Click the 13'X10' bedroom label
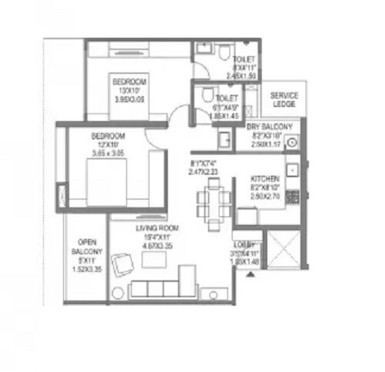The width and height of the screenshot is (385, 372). (x=129, y=82)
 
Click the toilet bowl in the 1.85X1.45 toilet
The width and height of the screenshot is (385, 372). (x=206, y=93)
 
